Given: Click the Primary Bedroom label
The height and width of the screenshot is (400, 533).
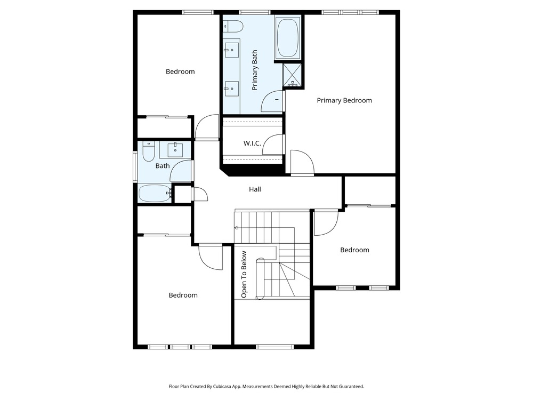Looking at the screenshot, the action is pyautogui.click(x=344, y=100).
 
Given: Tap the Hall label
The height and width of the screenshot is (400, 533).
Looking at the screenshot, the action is pyautogui.click(x=255, y=189).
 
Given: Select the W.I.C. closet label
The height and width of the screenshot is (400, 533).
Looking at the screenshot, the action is pyautogui.click(x=252, y=143).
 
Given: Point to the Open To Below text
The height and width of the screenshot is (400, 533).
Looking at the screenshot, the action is pyautogui.click(x=244, y=275).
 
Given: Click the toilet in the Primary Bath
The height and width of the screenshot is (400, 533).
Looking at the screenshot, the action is pyautogui.click(x=233, y=26).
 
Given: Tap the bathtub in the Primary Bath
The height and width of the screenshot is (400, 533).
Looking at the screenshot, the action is pyautogui.click(x=288, y=38).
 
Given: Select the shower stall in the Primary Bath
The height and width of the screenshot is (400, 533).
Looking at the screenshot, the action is pyautogui.click(x=292, y=75).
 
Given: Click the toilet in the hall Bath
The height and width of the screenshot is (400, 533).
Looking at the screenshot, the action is pyautogui.click(x=148, y=151).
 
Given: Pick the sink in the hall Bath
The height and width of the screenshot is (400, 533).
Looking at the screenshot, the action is pyautogui.click(x=175, y=150).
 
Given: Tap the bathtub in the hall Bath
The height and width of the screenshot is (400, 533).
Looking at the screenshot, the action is pyautogui.click(x=155, y=193).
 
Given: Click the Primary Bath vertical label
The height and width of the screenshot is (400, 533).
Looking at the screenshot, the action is pyautogui.click(x=255, y=70).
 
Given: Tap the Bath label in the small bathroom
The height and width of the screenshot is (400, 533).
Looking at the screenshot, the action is pyautogui.click(x=163, y=166).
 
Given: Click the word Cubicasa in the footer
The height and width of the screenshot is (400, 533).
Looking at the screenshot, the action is pyautogui.click(x=222, y=386).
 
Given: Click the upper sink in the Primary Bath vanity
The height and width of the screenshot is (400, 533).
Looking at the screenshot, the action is pyautogui.click(x=232, y=50).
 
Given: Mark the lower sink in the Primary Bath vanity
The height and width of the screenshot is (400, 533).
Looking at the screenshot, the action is pyautogui.click(x=232, y=89).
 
